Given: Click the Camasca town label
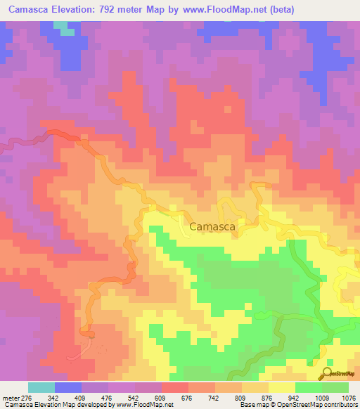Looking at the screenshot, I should (212, 226).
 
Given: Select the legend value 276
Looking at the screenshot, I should (25, 397).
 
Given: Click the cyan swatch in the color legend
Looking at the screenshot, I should (41, 387).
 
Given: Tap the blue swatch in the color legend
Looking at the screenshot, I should (68, 387).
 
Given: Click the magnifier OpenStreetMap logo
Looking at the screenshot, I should (328, 372).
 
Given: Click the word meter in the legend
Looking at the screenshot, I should (9, 397).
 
